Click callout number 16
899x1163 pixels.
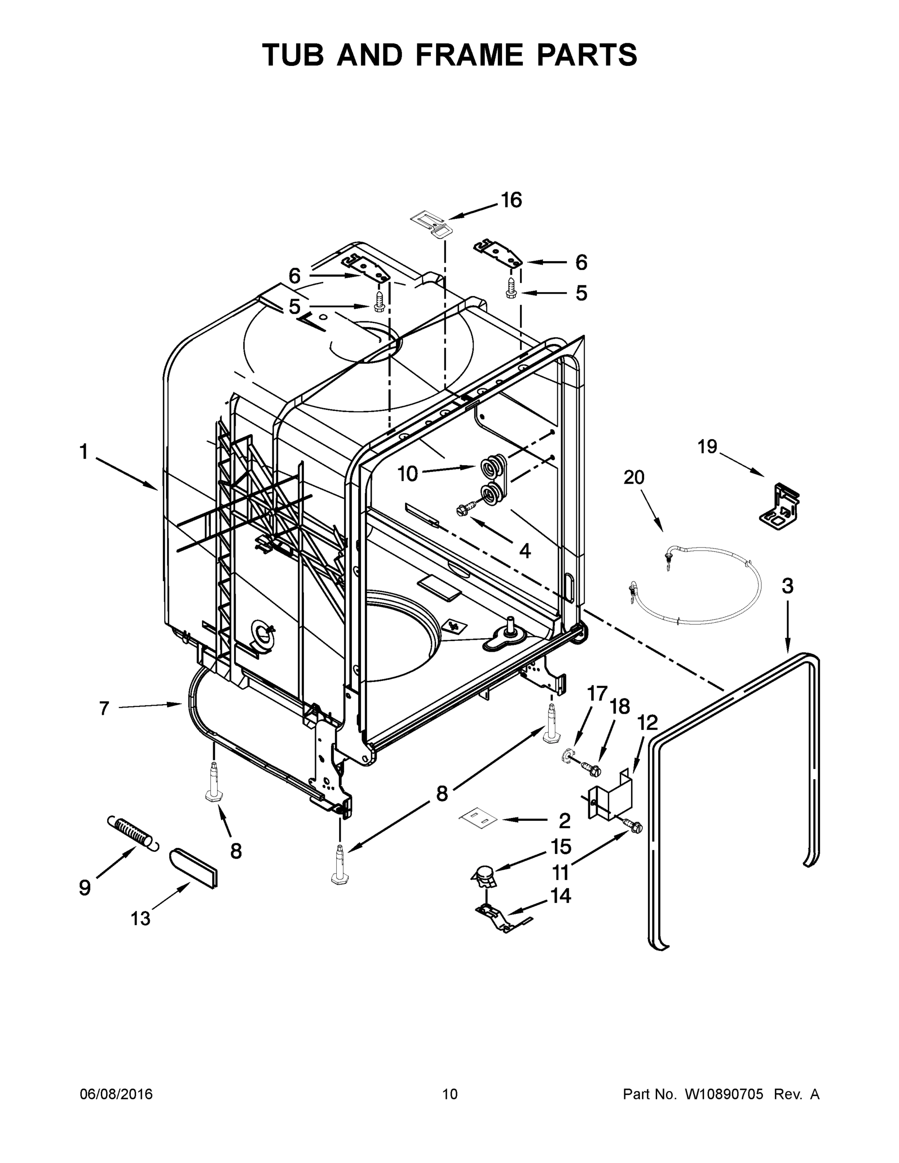tap(511, 200)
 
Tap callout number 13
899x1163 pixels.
tap(141, 919)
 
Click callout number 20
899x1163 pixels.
tap(634, 477)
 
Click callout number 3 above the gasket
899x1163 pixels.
tap(787, 586)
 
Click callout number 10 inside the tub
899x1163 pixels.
tap(408, 473)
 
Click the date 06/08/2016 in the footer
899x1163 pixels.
tap(116, 1094)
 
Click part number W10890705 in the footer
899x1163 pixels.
tap(725, 1094)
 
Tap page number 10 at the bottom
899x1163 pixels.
tap(450, 1094)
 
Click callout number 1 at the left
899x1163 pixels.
tap(84, 452)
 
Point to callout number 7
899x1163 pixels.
tap(104, 708)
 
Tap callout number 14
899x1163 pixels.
tap(560, 896)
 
